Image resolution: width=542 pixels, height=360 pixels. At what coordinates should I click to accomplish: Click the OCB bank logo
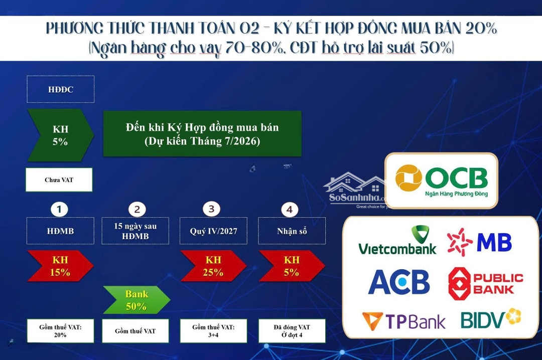442,181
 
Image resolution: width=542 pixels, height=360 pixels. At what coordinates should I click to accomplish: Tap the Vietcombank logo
397,241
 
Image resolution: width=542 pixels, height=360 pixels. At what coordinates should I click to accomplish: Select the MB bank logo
479,242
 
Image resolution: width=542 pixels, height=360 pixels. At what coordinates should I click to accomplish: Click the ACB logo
399,282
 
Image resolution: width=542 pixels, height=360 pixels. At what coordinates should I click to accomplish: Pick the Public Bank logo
486,283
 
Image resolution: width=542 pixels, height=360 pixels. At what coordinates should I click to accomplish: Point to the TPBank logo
403,320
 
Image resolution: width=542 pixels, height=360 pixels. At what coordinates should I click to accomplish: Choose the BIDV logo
491,318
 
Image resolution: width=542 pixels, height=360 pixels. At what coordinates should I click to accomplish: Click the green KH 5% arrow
61,135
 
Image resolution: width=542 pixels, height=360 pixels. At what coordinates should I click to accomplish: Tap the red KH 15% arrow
61,266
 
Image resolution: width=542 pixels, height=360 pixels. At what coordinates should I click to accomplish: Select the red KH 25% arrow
213,266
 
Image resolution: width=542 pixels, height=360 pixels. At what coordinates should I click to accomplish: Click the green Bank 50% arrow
137,300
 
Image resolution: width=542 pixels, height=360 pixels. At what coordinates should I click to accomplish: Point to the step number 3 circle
211,209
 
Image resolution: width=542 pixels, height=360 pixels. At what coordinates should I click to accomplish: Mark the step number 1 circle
59,209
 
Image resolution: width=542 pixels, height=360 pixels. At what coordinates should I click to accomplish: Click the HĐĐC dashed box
61,89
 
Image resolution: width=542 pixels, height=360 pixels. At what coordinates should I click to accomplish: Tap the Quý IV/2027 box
213,231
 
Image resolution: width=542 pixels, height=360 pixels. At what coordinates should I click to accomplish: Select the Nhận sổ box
292,231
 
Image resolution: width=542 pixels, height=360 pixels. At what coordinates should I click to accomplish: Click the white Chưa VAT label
59,179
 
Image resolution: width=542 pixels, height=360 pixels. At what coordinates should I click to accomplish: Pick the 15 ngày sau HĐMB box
135,231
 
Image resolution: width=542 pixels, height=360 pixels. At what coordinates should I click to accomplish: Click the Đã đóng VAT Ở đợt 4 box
292,330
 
